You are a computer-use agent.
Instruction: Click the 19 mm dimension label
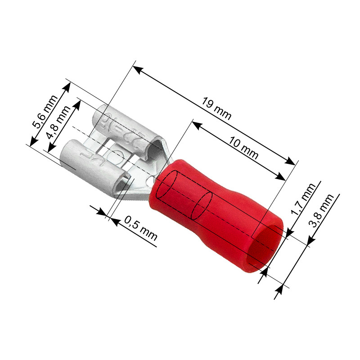coord(216,109)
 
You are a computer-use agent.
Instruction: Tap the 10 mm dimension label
coord(243,148)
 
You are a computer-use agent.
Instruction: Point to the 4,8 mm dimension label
coord(60,122)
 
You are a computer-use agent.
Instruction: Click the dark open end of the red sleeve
coord(268,248)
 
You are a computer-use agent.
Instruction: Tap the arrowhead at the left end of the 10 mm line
coord(197,124)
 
